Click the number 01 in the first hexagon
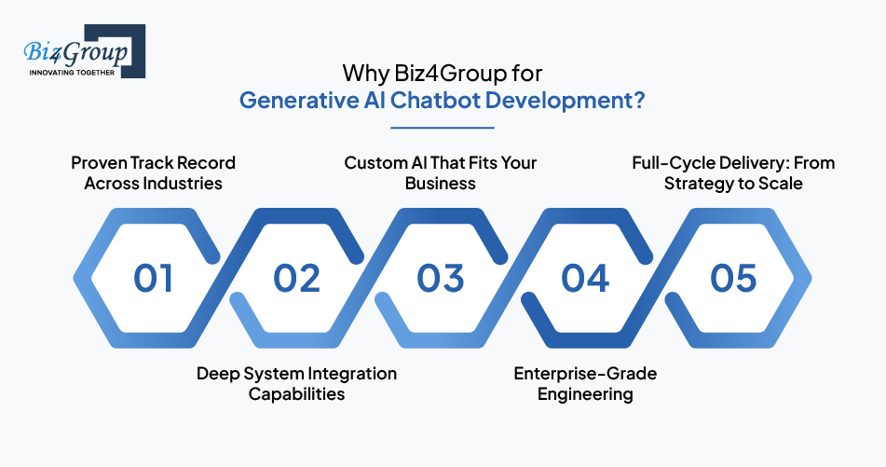[154, 279]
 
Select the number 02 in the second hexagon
[297, 279]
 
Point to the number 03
[441, 279]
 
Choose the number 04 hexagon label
[585, 279]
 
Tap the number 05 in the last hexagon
[733, 279]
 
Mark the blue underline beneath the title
[443, 128]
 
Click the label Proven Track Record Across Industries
[154, 172]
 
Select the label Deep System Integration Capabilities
[296, 383]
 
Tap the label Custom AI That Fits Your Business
[441, 172]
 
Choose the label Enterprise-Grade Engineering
[585, 383]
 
